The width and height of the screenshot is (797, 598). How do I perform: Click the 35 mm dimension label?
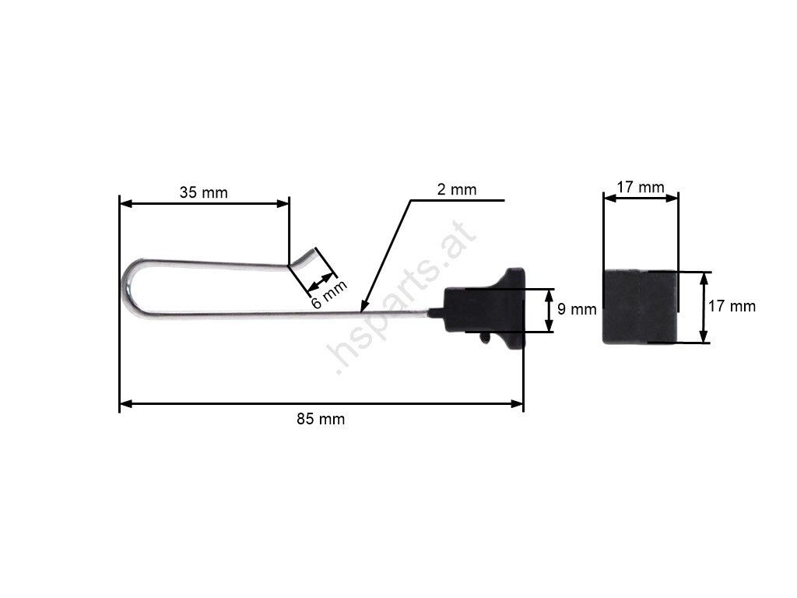(203, 193)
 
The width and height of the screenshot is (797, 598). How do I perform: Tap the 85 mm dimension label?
(321, 419)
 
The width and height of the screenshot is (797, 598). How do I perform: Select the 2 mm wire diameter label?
(456, 190)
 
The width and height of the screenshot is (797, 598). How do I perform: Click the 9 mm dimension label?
(577, 309)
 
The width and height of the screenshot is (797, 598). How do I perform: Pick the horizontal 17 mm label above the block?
(641, 187)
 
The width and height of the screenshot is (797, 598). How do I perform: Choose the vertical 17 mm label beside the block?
(732, 306)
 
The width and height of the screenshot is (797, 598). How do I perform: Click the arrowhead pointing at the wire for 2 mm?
(363, 307)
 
